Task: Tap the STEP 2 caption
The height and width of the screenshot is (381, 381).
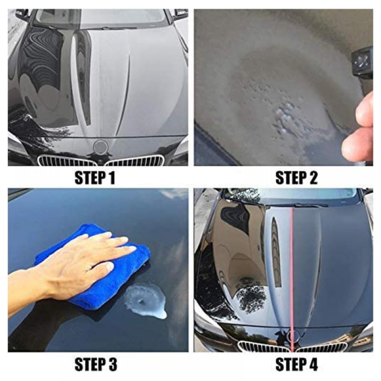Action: [296, 178]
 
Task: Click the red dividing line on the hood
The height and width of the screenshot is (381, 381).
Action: [292, 267]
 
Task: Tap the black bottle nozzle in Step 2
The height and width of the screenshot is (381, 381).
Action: [362, 63]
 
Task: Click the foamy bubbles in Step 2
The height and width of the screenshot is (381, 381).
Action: [284, 114]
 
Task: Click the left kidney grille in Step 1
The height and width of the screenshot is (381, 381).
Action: [67, 161]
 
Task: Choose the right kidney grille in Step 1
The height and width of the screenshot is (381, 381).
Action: [135, 161]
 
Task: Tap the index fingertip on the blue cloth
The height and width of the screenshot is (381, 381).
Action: [131, 249]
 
